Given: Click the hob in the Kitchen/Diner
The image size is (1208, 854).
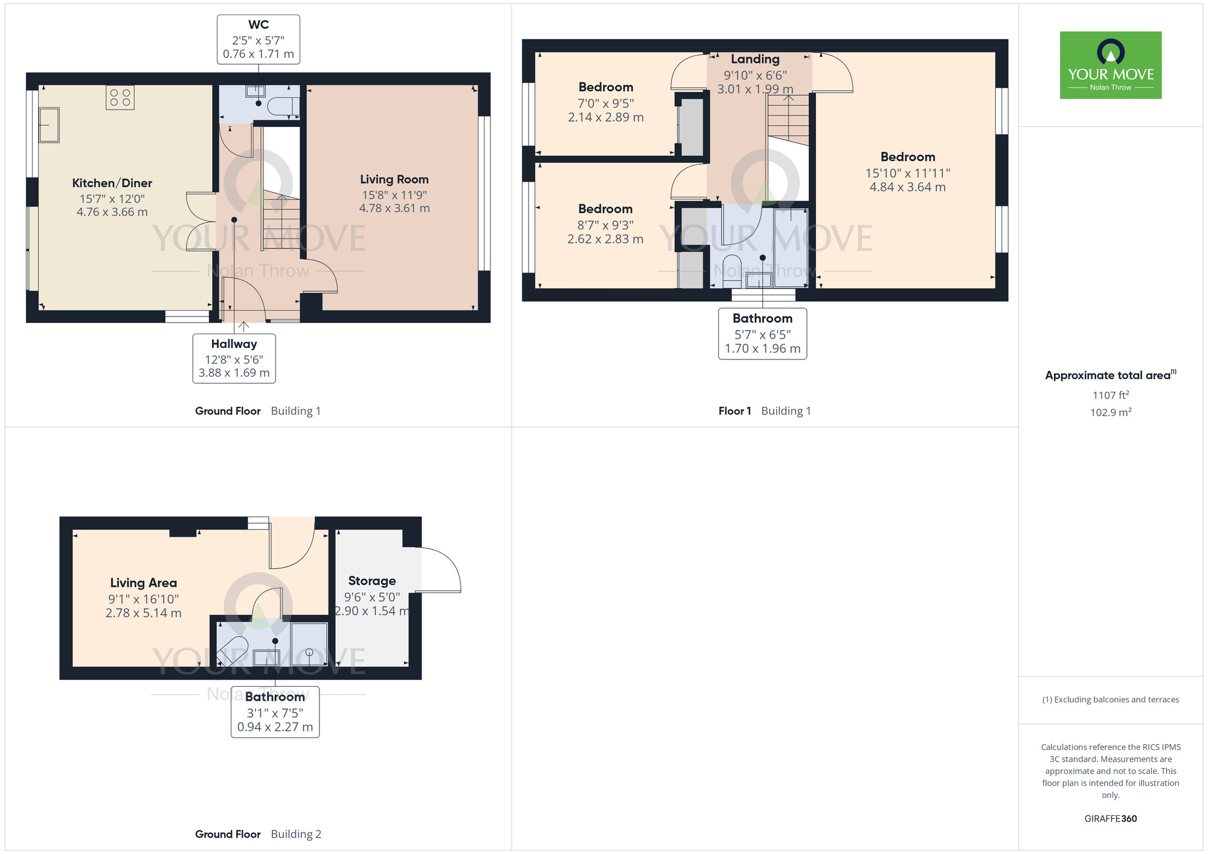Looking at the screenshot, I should [x=120, y=97].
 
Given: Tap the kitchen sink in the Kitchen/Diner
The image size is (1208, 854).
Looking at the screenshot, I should [x=49, y=125].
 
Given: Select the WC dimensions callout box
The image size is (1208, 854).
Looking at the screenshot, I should [x=259, y=39].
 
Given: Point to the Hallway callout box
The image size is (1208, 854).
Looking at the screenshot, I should [x=234, y=358].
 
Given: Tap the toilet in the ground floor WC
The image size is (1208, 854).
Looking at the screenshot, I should [x=282, y=107].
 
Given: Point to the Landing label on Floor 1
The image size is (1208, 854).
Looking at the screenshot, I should [x=755, y=59].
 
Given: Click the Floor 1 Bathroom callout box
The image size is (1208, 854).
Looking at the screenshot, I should [x=762, y=333].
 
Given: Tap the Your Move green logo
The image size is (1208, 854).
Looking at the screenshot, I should [x=1110, y=65].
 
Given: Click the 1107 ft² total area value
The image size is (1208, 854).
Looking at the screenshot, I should [x=1110, y=395].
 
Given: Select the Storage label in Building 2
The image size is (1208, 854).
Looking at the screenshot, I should [x=372, y=581].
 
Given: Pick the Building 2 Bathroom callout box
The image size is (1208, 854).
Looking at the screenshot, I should [x=275, y=711].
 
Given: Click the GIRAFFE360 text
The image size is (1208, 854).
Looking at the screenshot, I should [x=1110, y=819].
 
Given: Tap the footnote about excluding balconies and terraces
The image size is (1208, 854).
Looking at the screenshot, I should [x=1110, y=699].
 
